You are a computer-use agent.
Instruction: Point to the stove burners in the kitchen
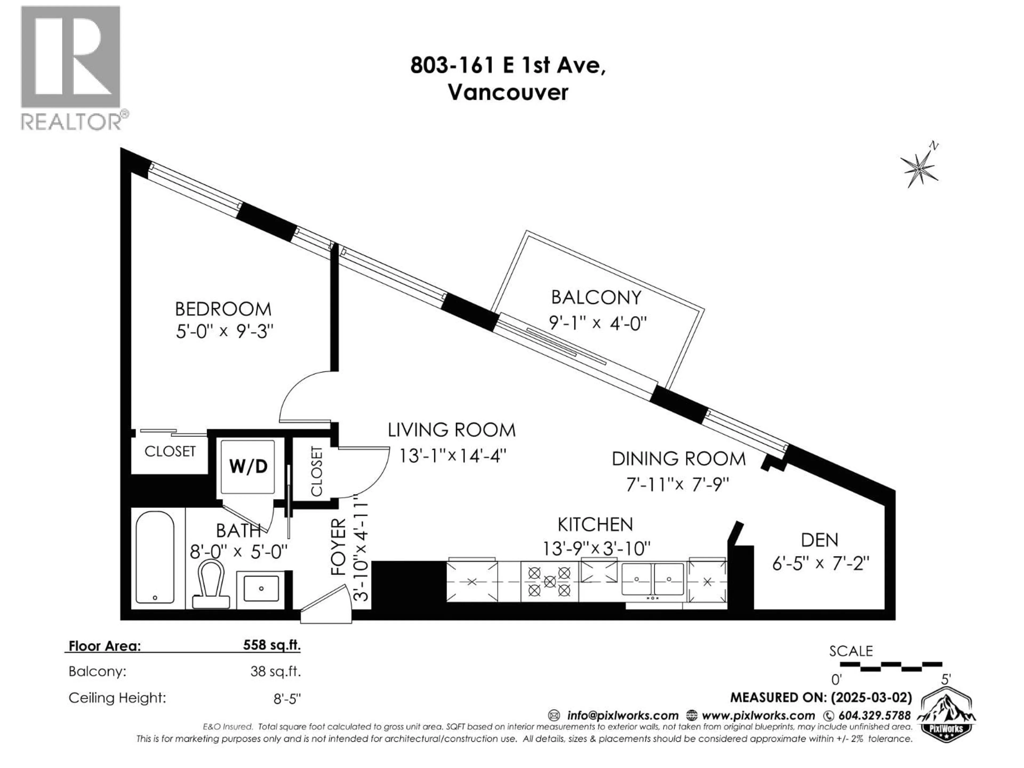click(x=550, y=581)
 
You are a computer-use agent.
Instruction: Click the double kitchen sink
click(x=653, y=579)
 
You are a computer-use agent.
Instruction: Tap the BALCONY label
click(x=596, y=298)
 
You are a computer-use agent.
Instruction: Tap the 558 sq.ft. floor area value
click(x=272, y=645)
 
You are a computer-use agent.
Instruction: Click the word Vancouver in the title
click(x=508, y=93)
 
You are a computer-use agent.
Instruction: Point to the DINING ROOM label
click(x=679, y=459)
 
